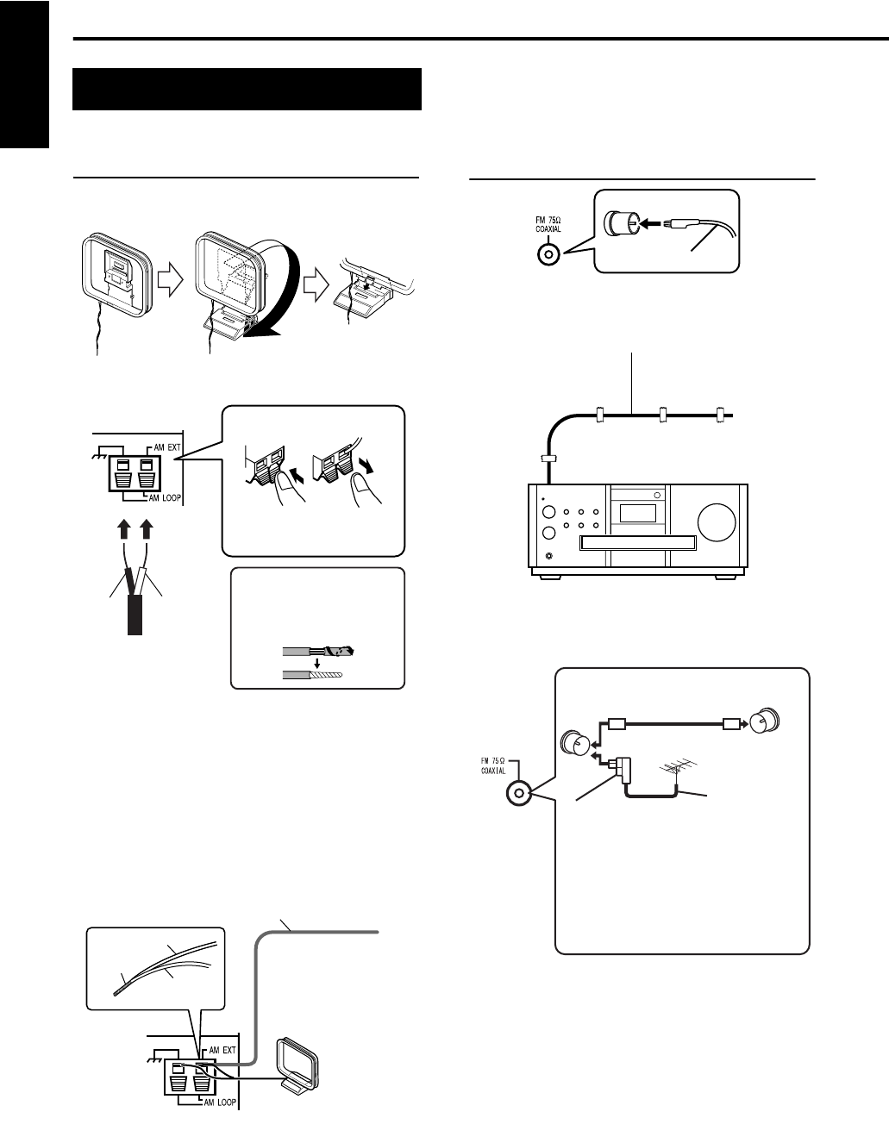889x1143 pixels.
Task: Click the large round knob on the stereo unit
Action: [717, 522]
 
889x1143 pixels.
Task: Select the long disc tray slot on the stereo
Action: [637, 543]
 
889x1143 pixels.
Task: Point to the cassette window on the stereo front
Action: [637, 512]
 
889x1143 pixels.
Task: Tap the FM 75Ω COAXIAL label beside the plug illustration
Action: [548, 225]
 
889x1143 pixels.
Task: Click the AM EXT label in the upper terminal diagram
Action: [167, 447]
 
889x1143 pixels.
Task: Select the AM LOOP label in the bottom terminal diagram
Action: [220, 1102]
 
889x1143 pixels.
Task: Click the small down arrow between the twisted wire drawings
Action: [317, 662]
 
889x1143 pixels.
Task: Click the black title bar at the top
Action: [247, 89]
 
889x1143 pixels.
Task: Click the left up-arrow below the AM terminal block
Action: [123, 529]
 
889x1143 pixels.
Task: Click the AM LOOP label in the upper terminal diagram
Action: [165, 497]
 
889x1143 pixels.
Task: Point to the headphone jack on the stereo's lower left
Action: [550, 555]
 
